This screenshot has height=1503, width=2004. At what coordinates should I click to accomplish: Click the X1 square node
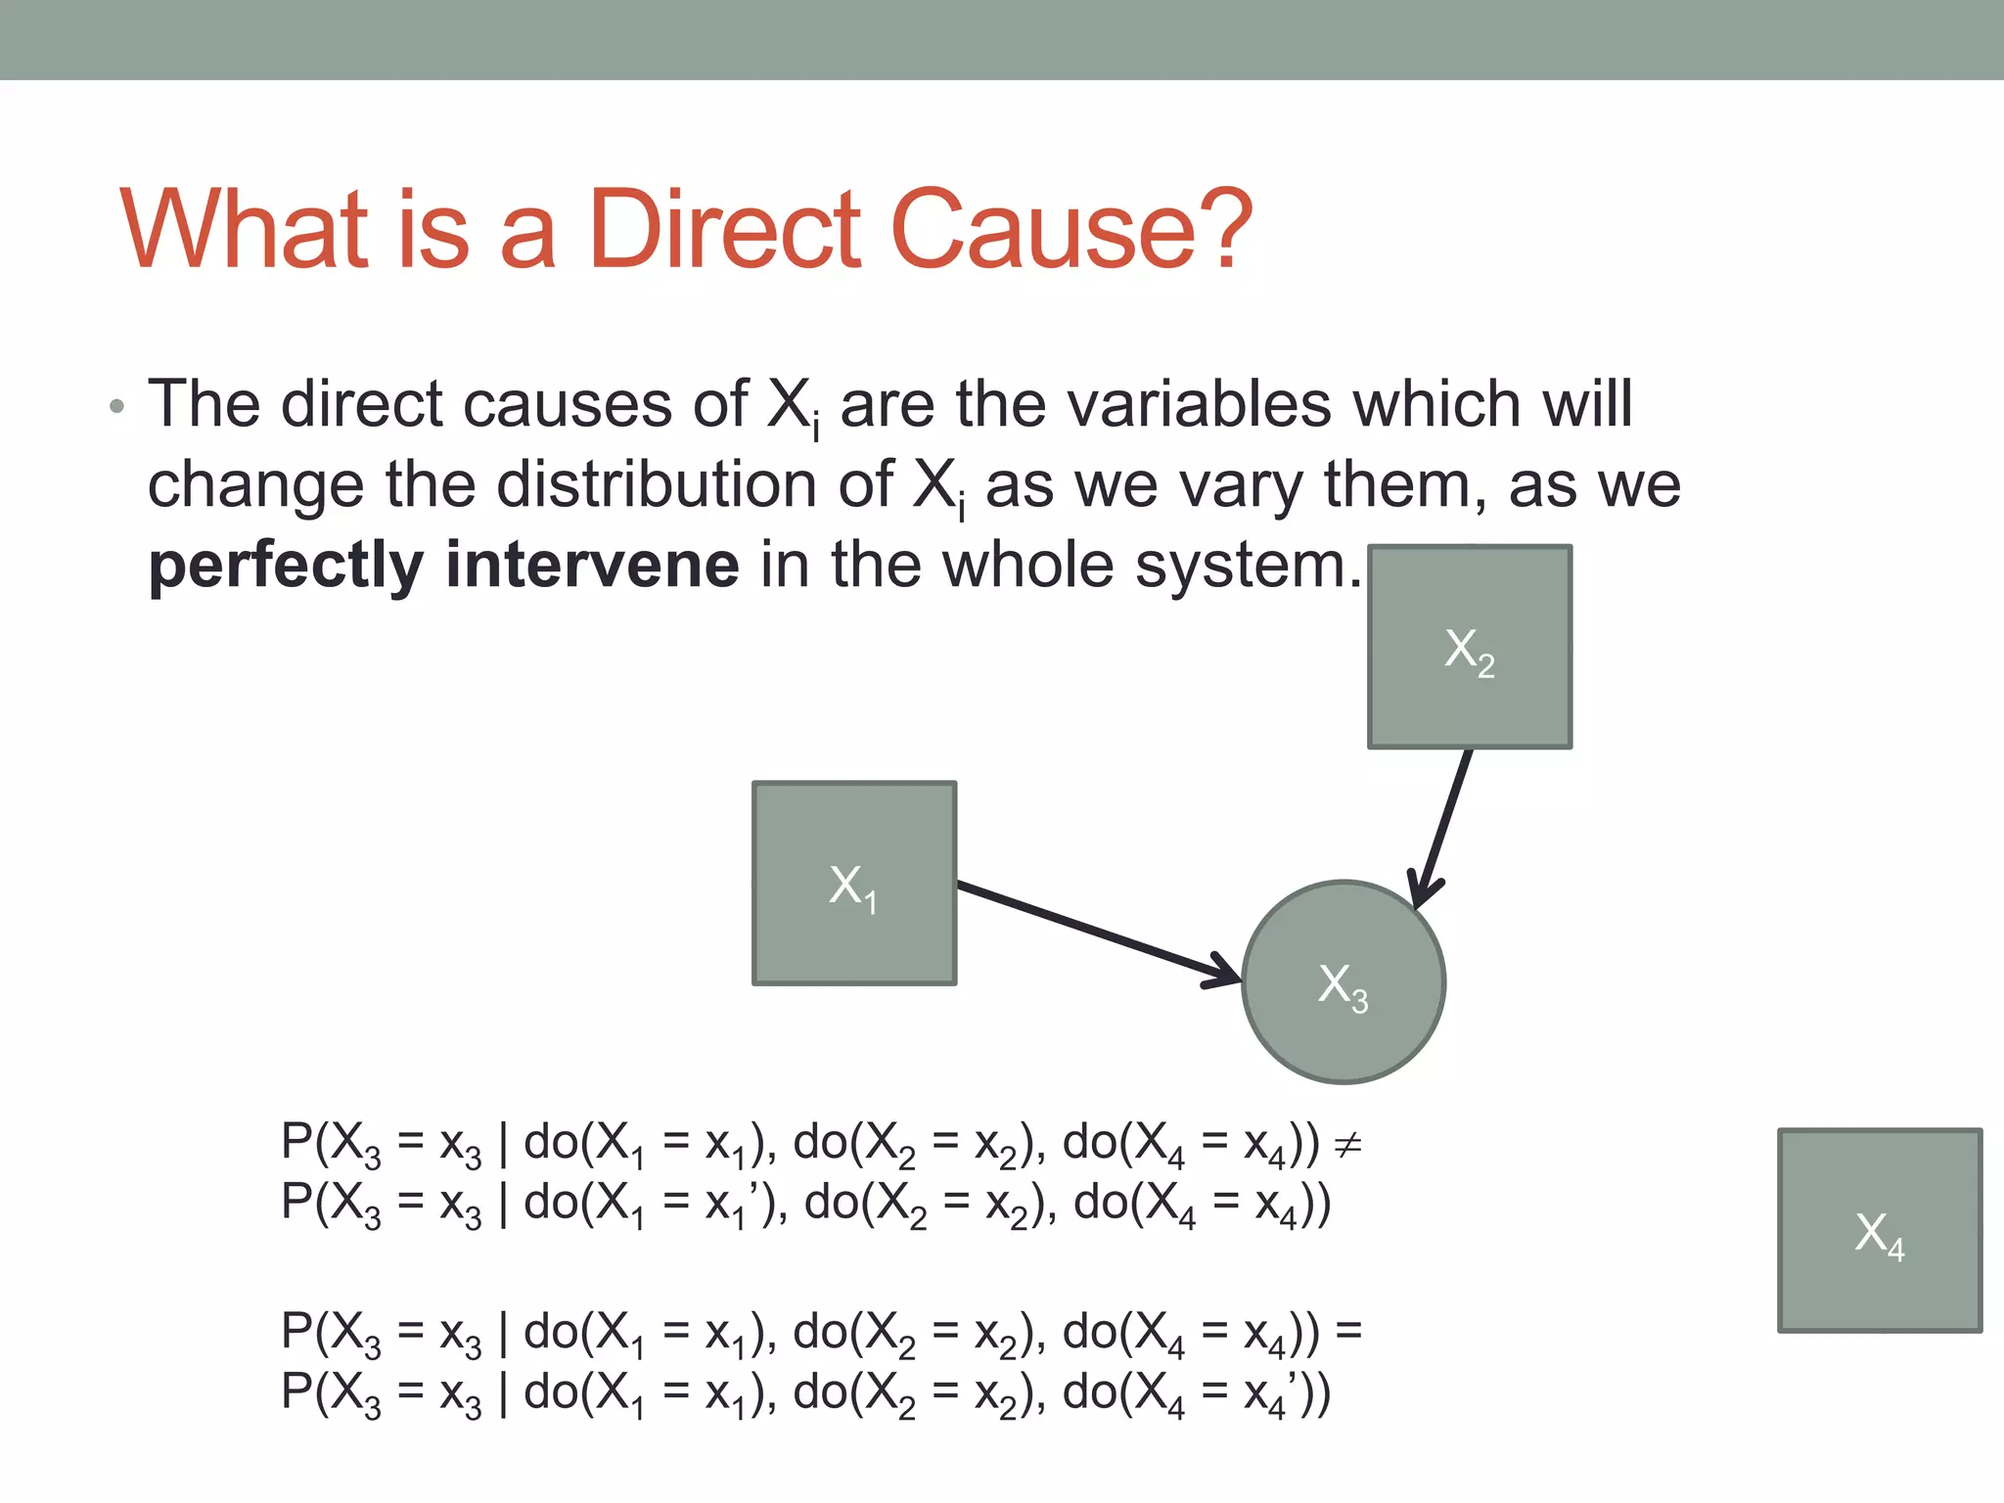point(853,883)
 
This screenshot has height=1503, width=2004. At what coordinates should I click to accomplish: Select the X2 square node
point(1469,647)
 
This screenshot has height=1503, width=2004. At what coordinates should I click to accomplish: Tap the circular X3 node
point(1344,981)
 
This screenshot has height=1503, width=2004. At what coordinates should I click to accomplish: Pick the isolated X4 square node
point(1880,1230)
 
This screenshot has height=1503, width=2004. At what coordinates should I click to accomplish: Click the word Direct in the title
point(725,229)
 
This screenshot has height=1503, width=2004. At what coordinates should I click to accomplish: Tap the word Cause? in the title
point(1071,229)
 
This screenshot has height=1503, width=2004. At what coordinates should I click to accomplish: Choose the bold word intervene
point(592,566)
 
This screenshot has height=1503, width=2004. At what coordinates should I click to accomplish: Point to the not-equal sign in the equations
point(1347,1143)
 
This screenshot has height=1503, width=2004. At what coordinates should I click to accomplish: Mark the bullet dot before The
point(117,406)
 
